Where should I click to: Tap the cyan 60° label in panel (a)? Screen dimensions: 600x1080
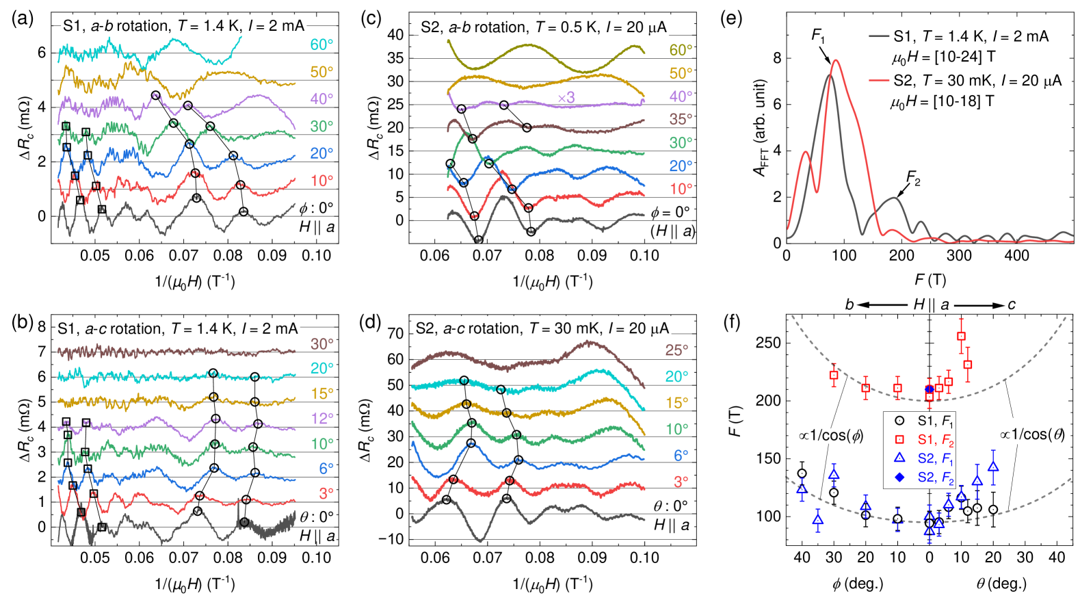(321, 44)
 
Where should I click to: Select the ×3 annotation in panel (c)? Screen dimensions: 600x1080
(566, 98)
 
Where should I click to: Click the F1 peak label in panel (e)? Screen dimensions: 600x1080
(819, 35)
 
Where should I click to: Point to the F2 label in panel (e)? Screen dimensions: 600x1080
(913, 179)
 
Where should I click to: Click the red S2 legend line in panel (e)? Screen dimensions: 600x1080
(878, 81)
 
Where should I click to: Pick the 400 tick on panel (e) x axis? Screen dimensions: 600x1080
(1016, 255)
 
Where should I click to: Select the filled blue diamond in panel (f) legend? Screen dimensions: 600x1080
(899, 478)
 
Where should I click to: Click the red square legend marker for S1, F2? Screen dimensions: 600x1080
(899, 440)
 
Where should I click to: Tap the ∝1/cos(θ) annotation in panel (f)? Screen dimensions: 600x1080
(1032, 434)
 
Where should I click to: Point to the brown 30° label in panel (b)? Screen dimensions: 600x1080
(322, 343)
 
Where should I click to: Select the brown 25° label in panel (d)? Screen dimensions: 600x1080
(676, 350)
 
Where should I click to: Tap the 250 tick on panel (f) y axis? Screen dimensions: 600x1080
(769, 343)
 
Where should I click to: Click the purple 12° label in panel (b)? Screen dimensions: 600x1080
(322, 418)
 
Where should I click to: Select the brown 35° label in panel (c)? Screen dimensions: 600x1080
(681, 119)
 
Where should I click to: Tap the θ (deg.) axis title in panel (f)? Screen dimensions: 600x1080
(1001, 584)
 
